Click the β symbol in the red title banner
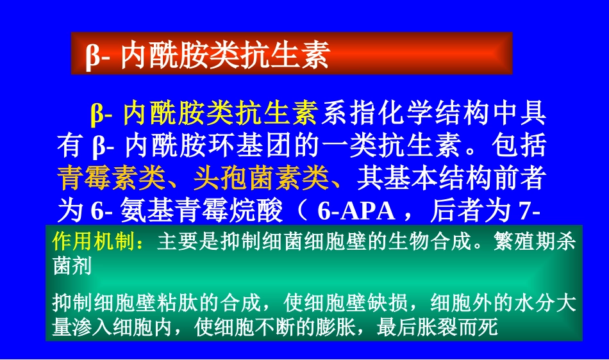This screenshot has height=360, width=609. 92,56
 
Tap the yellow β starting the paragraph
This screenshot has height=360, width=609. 97,113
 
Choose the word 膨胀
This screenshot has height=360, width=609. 335,328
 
